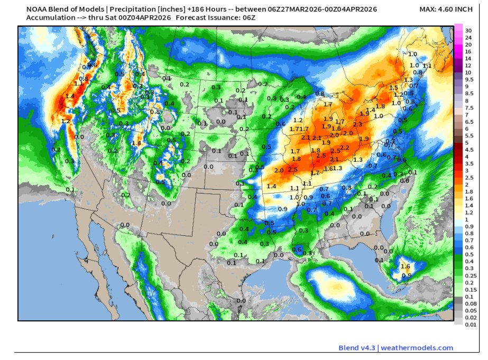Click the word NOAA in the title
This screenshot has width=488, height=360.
click(37, 9)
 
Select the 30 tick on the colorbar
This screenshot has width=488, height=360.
click(468, 31)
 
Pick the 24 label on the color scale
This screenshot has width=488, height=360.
click(468, 38)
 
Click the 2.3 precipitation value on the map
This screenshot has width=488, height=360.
click(358, 124)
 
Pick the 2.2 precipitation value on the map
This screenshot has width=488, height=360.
click(345, 147)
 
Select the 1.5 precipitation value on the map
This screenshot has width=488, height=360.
click(393, 88)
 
